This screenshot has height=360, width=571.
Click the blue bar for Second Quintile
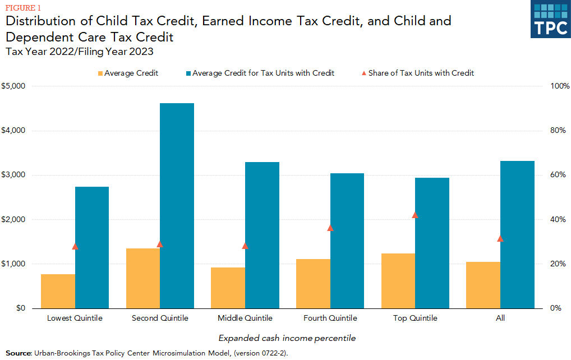[x=177, y=205]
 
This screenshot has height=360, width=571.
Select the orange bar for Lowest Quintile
[x=58, y=291]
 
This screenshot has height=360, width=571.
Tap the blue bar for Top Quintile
[x=432, y=243]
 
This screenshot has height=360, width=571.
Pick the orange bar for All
[x=483, y=285]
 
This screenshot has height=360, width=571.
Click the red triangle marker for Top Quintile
[x=415, y=215]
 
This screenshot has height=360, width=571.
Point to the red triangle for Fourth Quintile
[x=330, y=228]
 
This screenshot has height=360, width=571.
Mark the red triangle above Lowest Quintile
[x=75, y=246]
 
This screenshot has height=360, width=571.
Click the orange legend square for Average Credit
[x=100, y=73]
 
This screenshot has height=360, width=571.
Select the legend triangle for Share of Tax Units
[x=363, y=73]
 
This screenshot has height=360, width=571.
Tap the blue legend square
[x=188, y=73]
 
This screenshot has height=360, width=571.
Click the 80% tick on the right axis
[x=559, y=131]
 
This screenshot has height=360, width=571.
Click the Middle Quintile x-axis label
[x=245, y=318]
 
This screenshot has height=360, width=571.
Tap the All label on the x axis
[x=500, y=318]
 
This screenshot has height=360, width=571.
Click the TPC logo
[x=550, y=20]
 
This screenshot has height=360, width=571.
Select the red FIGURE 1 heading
[x=24, y=7]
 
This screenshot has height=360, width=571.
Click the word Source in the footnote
[x=18, y=353]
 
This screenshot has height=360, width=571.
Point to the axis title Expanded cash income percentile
[x=287, y=338]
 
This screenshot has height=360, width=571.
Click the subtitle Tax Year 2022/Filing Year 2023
[x=79, y=52]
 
